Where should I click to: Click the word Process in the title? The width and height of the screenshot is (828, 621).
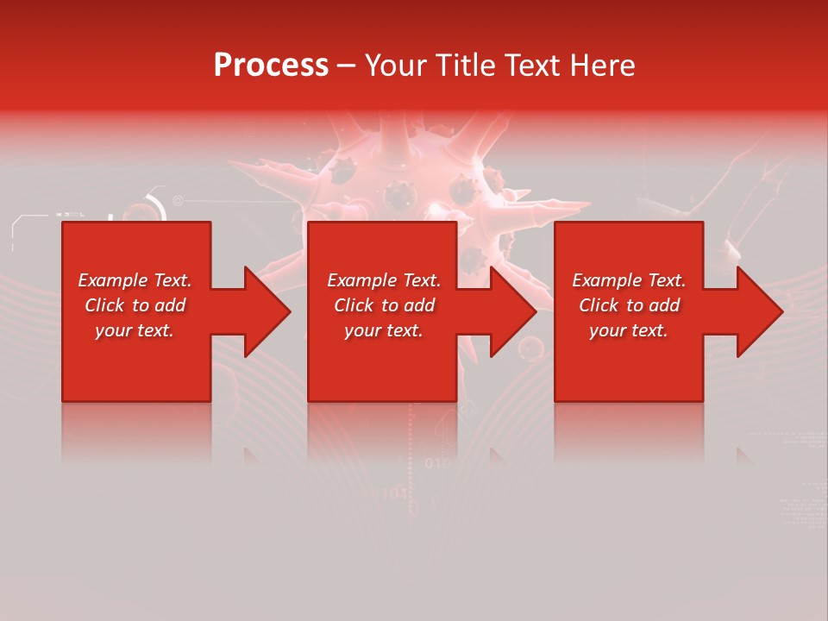[271, 66]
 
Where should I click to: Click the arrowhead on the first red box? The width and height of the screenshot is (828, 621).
[264, 311]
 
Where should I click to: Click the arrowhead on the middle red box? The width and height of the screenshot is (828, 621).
[510, 311]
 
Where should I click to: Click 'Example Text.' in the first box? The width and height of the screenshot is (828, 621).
[135, 280]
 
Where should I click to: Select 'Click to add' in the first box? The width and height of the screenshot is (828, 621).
[135, 305]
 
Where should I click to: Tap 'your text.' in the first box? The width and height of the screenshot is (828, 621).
[135, 330]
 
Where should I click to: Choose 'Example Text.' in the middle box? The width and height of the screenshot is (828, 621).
[384, 280]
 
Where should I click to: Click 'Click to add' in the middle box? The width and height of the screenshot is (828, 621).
[384, 305]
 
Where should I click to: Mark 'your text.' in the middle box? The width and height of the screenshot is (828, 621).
[384, 330]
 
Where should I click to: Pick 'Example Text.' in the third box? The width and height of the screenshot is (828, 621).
[629, 280]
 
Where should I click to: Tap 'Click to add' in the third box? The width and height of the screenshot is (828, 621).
[629, 305]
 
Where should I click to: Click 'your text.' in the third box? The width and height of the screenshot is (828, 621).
[629, 330]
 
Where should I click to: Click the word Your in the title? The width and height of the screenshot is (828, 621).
[394, 66]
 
